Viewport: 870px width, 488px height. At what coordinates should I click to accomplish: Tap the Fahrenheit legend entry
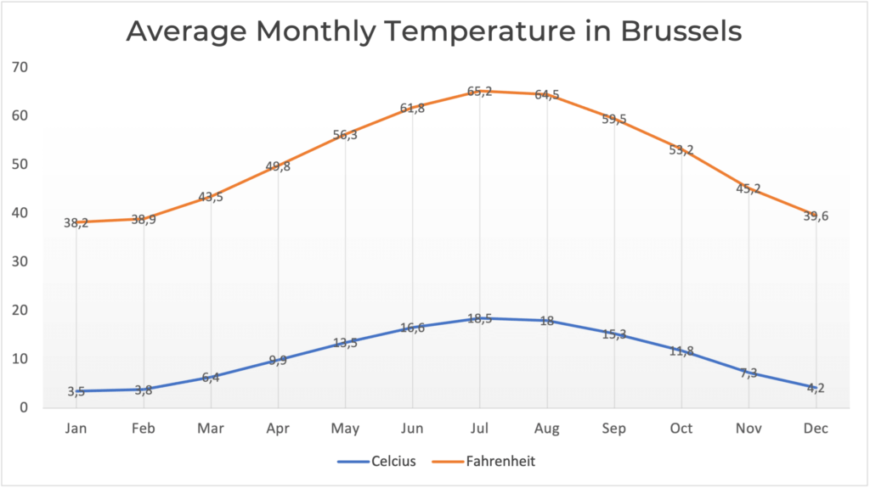(x=500, y=462)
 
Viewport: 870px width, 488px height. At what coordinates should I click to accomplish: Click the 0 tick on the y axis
(x=25, y=408)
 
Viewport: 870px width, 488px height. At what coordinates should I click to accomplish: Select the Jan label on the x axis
(x=76, y=429)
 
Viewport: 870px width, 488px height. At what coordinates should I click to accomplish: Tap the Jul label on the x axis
(x=480, y=429)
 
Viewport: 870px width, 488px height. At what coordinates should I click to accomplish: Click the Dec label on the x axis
(x=816, y=429)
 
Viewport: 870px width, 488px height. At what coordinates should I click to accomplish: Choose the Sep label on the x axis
(x=614, y=429)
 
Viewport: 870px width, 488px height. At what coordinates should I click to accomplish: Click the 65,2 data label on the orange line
(x=480, y=92)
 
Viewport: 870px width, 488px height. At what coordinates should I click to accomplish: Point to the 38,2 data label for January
(x=76, y=223)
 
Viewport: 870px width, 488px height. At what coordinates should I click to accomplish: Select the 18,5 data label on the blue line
(x=480, y=318)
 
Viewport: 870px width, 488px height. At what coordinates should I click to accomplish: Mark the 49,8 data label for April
(x=279, y=166)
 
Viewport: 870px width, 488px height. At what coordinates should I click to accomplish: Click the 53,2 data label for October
(x=681, y=151)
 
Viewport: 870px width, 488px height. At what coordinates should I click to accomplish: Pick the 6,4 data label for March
(x=212, y=378)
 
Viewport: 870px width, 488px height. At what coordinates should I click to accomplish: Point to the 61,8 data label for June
(x=413, y=108)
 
